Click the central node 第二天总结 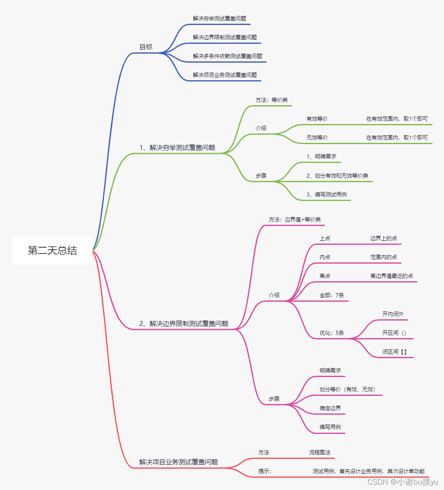(x=52, y=251)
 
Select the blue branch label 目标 (x=146, y=47)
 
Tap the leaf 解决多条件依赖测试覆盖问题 (x=227, y=56)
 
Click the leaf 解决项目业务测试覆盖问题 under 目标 (x=225, y=75)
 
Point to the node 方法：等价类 (x=272, y=100)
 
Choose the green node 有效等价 (x=317, y=119)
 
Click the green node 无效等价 (x=317, y=138)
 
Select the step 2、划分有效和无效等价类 (x=337, y=176)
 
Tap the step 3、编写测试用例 (x=326, y=194)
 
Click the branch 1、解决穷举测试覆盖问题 (x=177, y=147)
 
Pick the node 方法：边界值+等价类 (x=294, y=219)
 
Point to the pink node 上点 (x=325, y=238)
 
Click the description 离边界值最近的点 (x=392, y=276)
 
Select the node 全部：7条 (x=332, y=295)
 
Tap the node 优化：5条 (x=332, y=333)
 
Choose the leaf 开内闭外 (x=393, y=314)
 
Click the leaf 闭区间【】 (x=394, y=352)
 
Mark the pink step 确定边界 (x=330, y=408)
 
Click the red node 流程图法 (x=319, y=452)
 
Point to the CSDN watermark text (x=402, y=482)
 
